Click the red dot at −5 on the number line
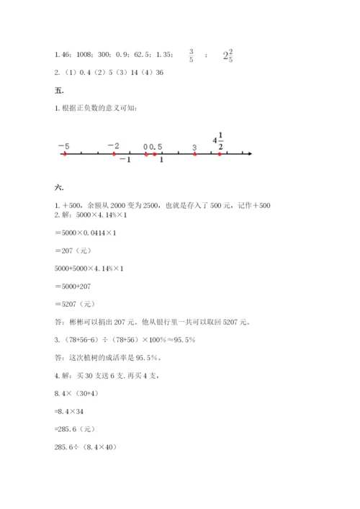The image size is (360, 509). pos(64,153)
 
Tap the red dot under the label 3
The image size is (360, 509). pos(194,153)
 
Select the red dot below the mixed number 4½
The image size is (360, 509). pos(220,153)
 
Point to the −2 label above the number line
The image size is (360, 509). pos(113,145)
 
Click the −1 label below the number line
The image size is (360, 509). pos(125,161)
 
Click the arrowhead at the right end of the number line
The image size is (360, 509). pos(248,153)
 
